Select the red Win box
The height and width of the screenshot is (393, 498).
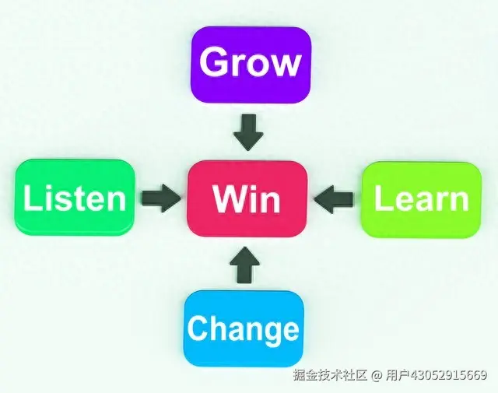pos(247,198)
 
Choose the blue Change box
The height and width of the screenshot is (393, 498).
pos(244,328)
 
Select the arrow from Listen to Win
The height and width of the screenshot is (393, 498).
pos(161,197)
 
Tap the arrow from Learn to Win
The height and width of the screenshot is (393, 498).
pos(336,198)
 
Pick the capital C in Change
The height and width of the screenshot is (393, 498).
pos(198,328)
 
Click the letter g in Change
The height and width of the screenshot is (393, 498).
pos(268,332)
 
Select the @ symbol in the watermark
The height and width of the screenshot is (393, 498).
pos(376,376)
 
